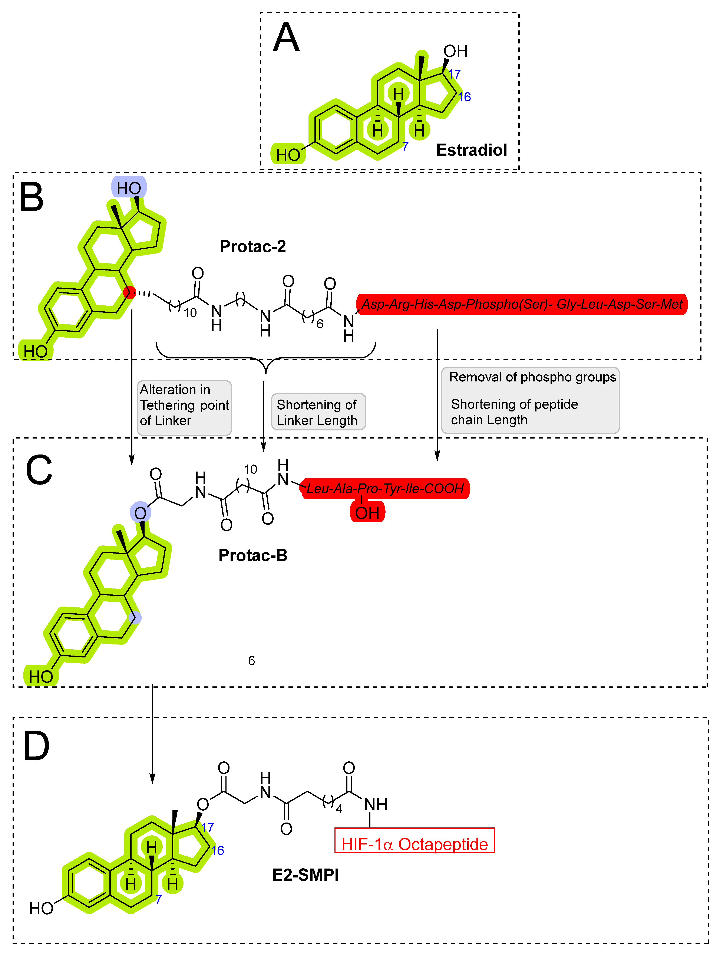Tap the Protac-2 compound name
[x=252, y=246]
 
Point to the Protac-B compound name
[x=252, y=555]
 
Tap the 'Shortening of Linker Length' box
[x=318, y=412]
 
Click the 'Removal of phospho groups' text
[x=532, y=377]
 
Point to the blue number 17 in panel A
[x=454, y=74]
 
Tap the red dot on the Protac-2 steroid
[x=129, y=292]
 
